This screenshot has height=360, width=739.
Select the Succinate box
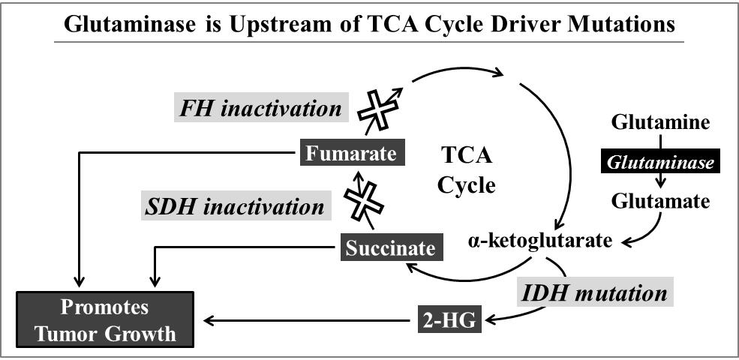pyautogui.click(x=390, y=246)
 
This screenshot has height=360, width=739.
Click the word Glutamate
pyautogui.click(x=660, y=200)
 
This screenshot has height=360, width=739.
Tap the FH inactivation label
pyautogui.click(x=260, y=109)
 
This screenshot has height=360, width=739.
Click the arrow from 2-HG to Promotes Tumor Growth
pyautogui.click(x=308, y=321)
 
